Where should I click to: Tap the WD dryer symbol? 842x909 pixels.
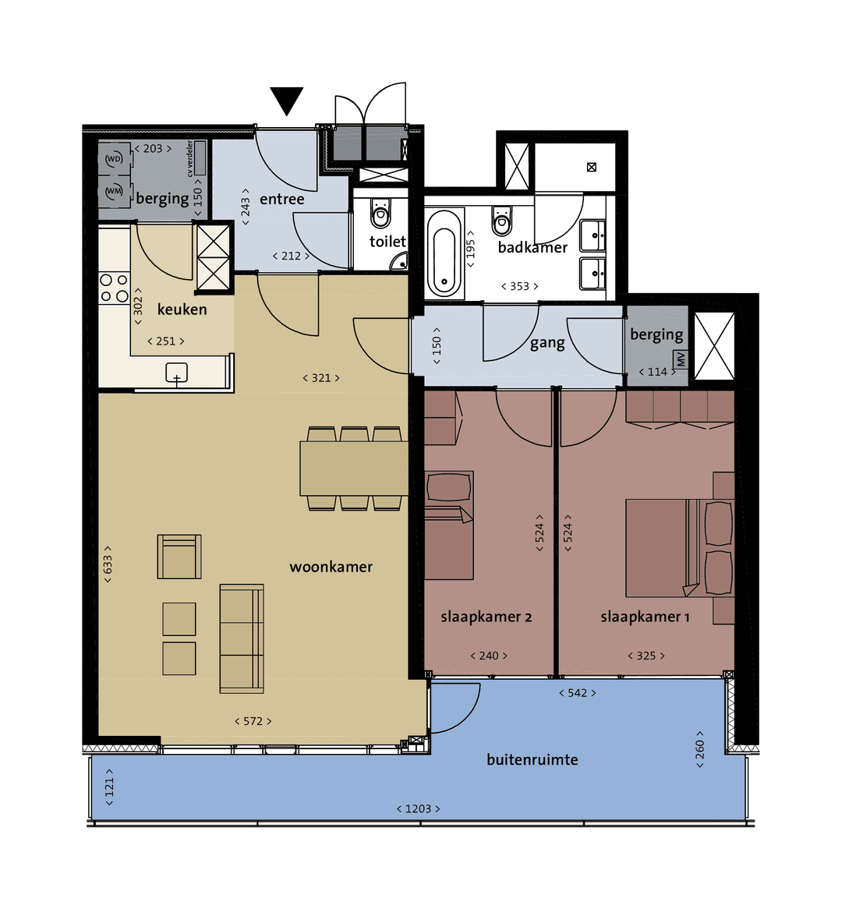pos(114,159)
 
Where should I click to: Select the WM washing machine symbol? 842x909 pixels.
pos(114,191)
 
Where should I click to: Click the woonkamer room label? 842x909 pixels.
pos(331,567)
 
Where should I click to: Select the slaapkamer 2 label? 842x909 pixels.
pos(486,617)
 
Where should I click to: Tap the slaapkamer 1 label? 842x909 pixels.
pos(645,617)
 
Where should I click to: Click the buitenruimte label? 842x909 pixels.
pos(532,759)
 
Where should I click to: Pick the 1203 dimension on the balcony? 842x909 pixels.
pos(418,808)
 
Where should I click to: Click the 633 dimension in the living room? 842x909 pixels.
pos(108,564)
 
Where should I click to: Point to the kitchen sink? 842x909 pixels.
pos(177,373)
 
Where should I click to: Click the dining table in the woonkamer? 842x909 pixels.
pos(354,469)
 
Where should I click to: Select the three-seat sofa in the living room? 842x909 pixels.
pos(241,638)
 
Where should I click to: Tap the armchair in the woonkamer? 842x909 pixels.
pos(179,557)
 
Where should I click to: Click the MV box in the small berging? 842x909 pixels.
pos(681,359)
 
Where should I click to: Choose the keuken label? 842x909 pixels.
pos(182,309)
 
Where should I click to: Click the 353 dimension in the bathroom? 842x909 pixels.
pos(519,286)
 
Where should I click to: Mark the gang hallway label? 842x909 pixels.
pos(547,343)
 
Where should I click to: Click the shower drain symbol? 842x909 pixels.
pos(592,167)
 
